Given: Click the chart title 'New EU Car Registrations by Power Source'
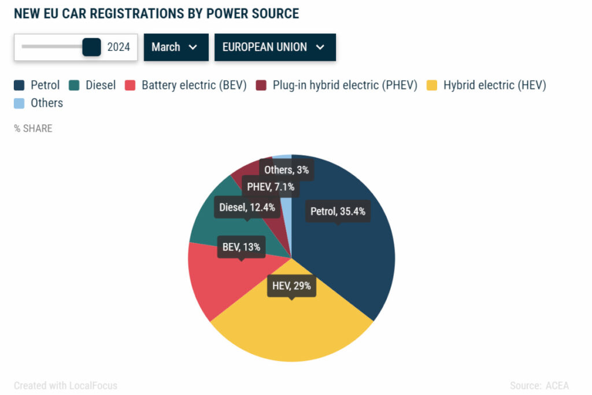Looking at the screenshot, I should coord(156,13).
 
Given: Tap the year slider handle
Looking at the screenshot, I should coord(91,47).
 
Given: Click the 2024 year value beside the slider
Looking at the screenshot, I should coord(119,47).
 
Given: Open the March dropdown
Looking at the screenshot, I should coord(176,47).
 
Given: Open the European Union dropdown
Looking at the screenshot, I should coord(275,47).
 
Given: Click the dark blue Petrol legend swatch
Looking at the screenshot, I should coord(19,86).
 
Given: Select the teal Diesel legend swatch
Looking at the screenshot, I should coord(75,86).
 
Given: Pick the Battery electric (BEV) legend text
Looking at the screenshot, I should coord(194,86).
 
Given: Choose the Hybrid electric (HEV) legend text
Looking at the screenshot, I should coord(494,86).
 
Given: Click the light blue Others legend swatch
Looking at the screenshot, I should coord(19,104).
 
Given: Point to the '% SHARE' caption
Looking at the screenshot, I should coord(33,128).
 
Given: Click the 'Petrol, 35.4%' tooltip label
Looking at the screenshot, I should coord(338,211).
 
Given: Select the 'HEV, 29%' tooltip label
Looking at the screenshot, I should coord(291,286).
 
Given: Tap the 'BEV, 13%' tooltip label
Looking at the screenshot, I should coord(241,248).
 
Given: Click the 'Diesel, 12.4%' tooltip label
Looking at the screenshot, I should coord(247,207).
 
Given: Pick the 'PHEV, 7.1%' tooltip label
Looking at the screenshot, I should coord(271,187).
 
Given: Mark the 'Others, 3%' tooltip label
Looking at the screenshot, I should coord(286,169).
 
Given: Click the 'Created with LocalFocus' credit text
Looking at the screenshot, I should coord(65,385).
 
